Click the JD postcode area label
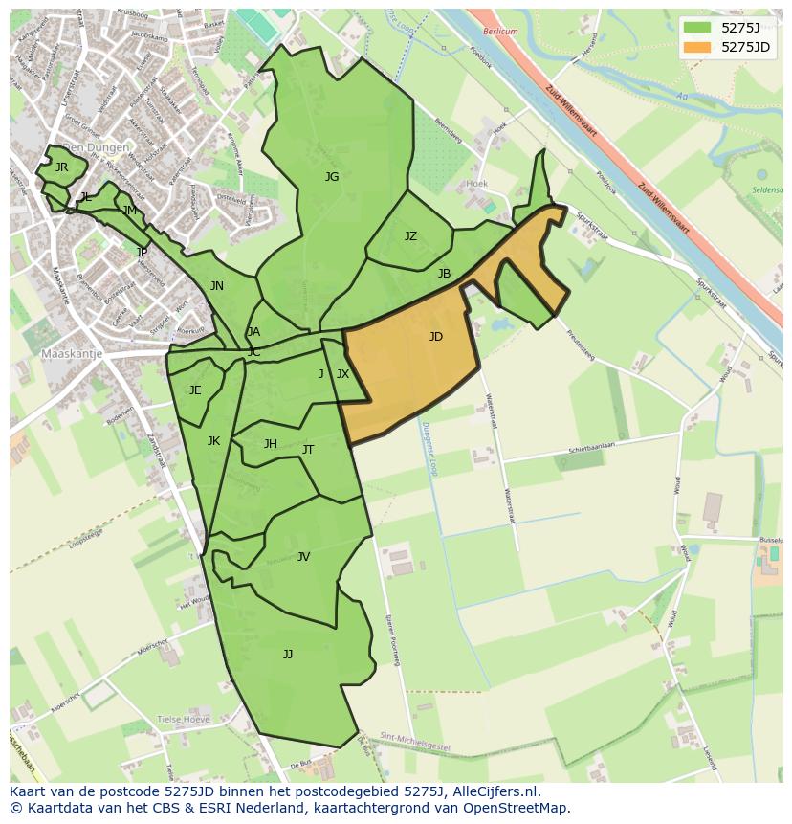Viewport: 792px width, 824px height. (x=436, y=337)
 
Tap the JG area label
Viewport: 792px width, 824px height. (x=332, y=177)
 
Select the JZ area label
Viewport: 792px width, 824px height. (x=410, y=236)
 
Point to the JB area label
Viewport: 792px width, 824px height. (x=444, y=274)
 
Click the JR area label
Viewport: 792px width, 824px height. (x=61, y=167)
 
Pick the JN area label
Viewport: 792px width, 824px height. (x=217, y=286)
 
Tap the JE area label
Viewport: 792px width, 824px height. (x=195, y=390)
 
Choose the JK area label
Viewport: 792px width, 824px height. (x=213, y=441)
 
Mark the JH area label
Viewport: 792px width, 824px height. (x=271, y=444)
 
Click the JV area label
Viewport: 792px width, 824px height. (x=303, y=557)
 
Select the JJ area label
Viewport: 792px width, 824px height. (x=288, y=655)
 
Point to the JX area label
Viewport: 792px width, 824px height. (x=342, y=374)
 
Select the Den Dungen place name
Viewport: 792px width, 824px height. (x=96, y=148)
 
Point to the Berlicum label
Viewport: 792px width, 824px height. (x=499, y=32)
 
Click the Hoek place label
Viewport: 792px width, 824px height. (x=476, y=183)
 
